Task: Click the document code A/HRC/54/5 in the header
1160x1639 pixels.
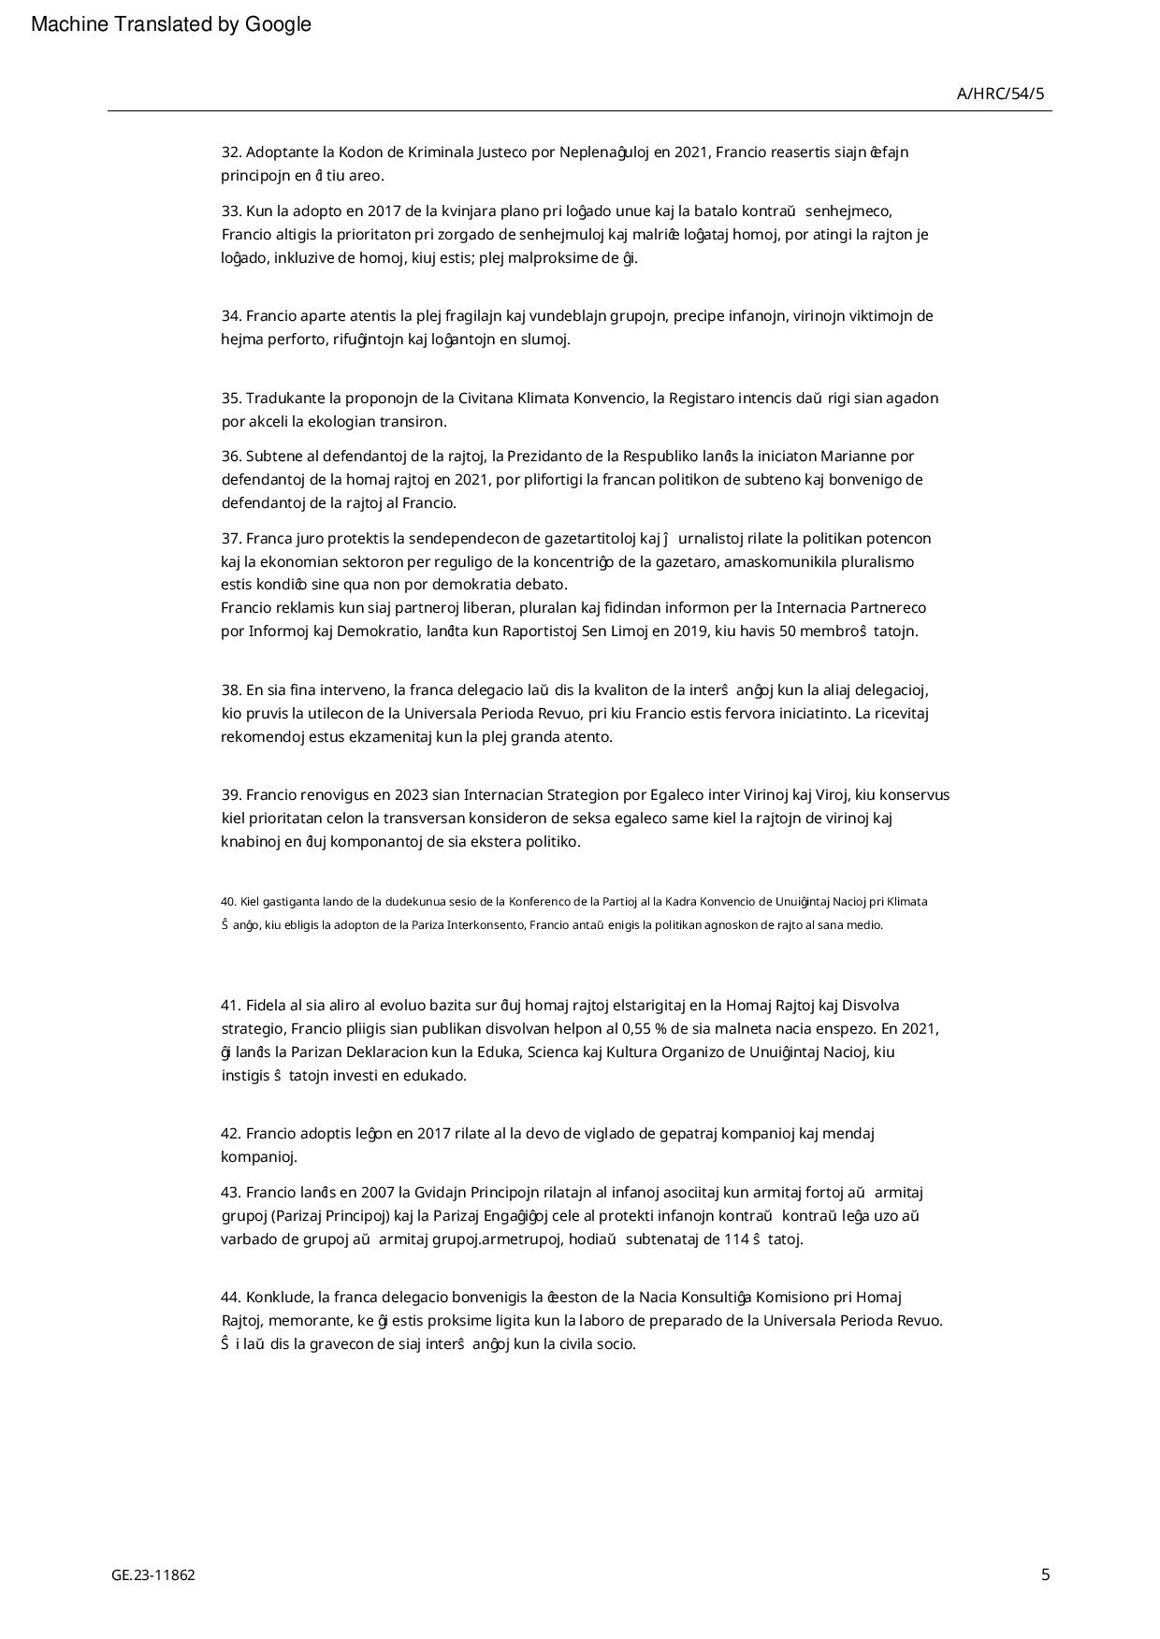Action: [x=1000, y=94]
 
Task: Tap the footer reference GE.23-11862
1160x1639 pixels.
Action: [x=153, y=1575]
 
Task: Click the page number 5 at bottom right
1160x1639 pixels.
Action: [x=1045, y=1574]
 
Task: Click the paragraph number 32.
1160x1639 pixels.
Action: [x=231, y=152]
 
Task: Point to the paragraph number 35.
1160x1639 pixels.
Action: [x=231, y=398]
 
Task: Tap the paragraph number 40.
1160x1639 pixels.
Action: [x=228, y=902]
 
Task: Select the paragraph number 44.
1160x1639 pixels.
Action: [x=231, y=1298]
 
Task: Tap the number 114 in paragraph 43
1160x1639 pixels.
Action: [x=736, y=1240]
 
